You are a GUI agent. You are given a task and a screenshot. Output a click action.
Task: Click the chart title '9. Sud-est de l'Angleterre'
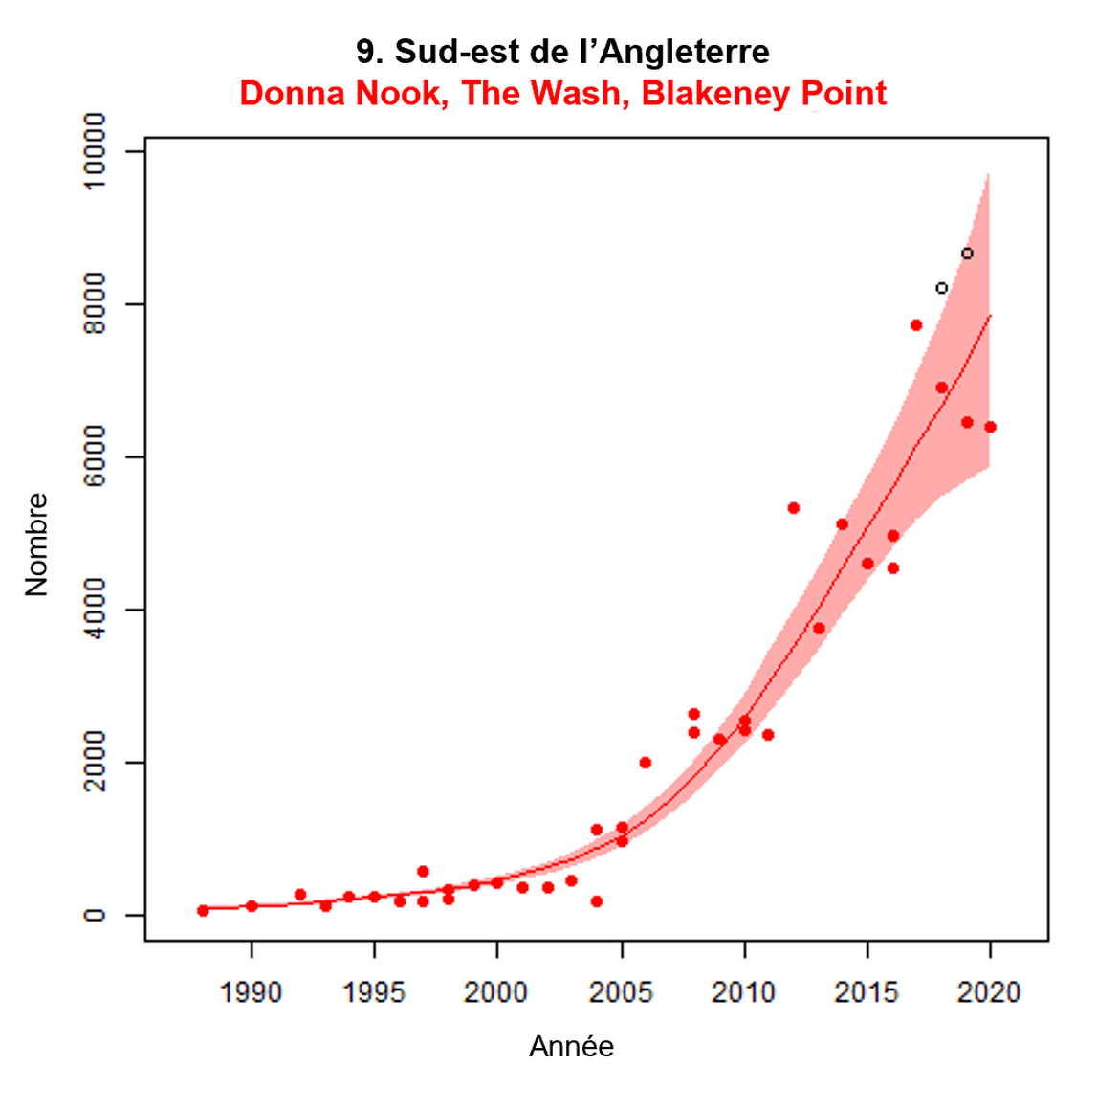pos(562,52)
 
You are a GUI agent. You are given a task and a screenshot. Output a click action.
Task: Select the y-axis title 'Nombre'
pos(36,544)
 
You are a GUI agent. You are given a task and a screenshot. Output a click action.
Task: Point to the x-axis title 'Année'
pos(571,1047)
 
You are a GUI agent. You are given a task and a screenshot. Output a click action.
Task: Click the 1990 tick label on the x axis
pos(251,992)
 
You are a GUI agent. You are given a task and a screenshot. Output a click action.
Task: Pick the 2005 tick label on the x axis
pos(621,992)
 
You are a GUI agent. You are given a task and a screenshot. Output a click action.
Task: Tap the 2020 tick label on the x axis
pos(989,992)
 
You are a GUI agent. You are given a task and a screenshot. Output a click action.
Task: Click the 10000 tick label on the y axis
pos(95,151)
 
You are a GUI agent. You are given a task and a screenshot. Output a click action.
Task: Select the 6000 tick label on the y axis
pos(95,456)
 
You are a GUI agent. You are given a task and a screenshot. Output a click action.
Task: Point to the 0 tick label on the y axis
pos(95,916)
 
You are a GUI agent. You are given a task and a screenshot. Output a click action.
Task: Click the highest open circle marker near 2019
pos(967,254)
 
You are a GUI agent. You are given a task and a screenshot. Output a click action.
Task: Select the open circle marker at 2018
pos(941,288)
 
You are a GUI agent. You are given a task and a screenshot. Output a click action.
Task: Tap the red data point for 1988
pos(203,910)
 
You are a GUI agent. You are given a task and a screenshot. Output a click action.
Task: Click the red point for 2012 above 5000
pos(794,508)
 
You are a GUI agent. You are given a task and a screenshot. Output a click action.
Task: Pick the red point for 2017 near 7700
pos(916,325)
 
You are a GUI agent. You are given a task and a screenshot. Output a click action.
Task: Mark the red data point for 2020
pos(990,427)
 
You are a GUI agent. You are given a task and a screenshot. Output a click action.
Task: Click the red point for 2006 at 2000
pos(646,763)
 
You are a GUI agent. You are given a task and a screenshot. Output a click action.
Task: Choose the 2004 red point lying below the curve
pos(597,901)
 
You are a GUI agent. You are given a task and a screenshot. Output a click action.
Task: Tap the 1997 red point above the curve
pos(423,872)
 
